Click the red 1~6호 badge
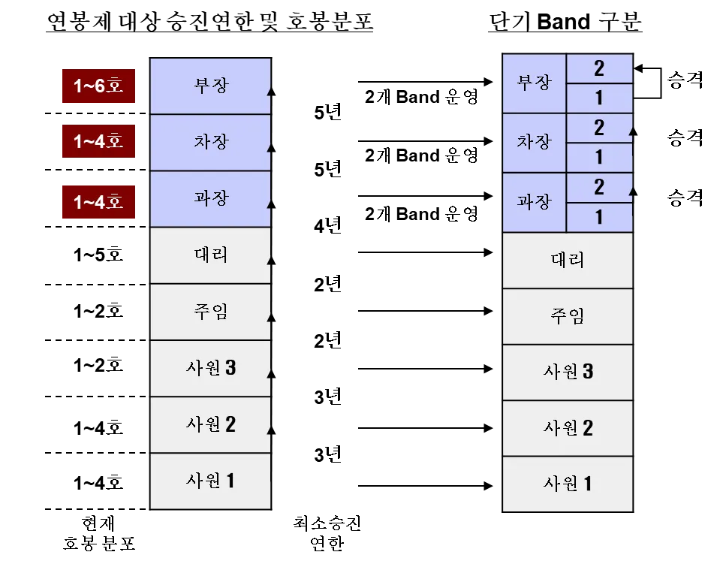point(98,86)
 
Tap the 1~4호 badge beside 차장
point(98,141)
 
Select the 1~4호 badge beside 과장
point(98,201)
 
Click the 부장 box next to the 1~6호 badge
point(210,86)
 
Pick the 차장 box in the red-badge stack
point(210,142)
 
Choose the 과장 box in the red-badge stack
point(210,198)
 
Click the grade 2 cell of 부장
point(599,68)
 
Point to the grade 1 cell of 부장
point(599,98)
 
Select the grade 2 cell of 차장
point(599,128)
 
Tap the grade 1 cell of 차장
point(599,158)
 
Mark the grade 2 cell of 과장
point(599,187)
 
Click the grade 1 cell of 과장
point(599,217)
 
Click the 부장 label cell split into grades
point(534,83)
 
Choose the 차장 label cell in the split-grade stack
point(534,143)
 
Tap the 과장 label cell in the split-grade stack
point(534,202)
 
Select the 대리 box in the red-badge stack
point(210,255)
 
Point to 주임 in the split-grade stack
point(567,316)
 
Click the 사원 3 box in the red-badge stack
point(210,368)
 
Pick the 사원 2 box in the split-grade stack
point(567,428)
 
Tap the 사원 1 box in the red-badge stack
point(210,481)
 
